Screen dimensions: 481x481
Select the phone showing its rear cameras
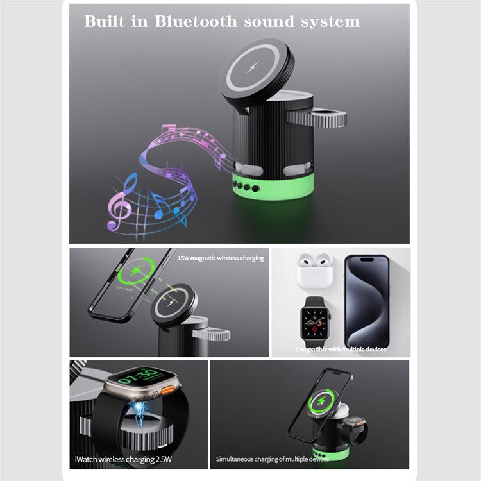[367, 300]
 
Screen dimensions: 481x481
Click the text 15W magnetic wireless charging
[221, 258]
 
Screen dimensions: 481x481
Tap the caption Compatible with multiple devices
[340, 350]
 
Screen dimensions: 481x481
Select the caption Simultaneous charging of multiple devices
[272, 459]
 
